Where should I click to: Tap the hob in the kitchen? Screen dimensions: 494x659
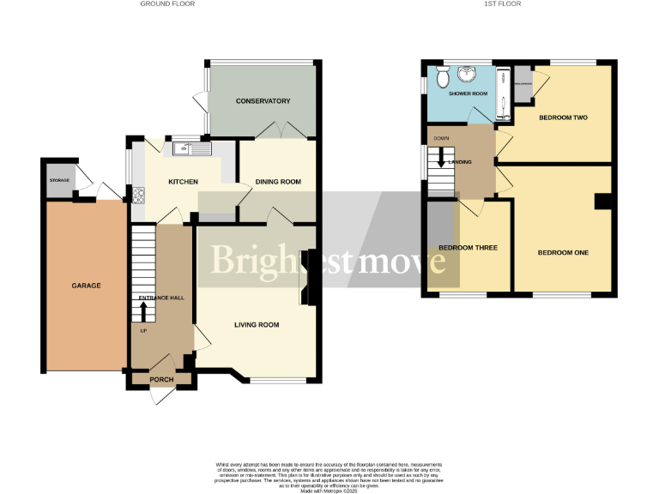[136, 196]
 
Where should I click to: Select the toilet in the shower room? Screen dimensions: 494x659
[442, 78]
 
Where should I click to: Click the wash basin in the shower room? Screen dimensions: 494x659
[468, 74]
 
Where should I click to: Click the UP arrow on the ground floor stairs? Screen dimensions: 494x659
[143, 310]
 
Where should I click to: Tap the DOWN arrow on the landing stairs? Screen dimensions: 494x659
[442, 158]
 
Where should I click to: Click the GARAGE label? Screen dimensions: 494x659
[86, 286]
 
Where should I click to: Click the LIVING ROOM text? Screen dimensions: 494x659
[257, 325]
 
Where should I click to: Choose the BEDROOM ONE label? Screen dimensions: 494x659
[563, 252]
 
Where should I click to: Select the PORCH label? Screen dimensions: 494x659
[162, 380]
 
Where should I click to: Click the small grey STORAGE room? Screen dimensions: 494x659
[59, 181]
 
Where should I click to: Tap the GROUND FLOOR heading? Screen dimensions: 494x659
[167, 4]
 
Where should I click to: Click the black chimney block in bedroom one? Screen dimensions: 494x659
[603, 202]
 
